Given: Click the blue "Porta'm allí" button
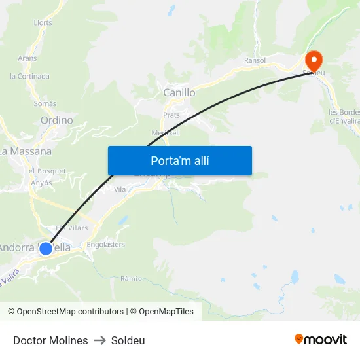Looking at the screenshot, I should tap(180, 160).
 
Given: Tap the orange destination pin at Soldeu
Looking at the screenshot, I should tap(314, 61).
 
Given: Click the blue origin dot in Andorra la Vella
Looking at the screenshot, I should tap(46, 248).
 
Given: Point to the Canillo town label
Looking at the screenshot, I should tap(179, 93).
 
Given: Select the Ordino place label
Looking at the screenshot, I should tap(57, 120).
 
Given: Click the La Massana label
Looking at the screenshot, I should tap(26, 151).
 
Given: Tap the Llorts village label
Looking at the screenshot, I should tap(43, 22).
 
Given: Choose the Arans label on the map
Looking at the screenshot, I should tap(27, 58).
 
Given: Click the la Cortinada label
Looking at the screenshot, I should tap(29, 76).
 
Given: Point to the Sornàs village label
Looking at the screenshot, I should tap(45, 103).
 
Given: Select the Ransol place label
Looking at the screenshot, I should tap(255, 60).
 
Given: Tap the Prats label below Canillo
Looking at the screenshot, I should tap(171, 115).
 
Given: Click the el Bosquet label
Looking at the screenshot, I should tap(47, 171).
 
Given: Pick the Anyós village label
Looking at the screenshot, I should tap(41, 183).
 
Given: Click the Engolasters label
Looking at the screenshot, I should tap(105, 245).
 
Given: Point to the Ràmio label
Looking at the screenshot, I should tap(131, 278).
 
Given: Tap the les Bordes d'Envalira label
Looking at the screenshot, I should tap(344, 116).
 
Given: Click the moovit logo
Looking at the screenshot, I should tap(320, 340).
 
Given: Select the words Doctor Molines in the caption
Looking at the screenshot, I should tap(50, 340).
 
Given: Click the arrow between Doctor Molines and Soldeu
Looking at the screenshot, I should tap(99, 340).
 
